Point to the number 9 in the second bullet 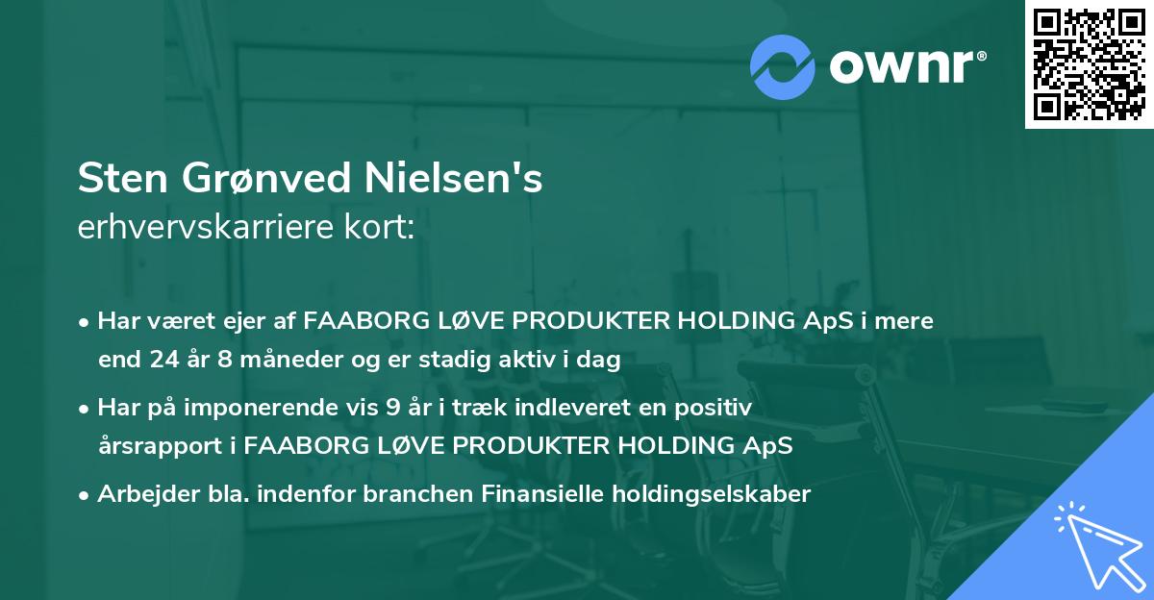pyautogui.click(x=391, y=408)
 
